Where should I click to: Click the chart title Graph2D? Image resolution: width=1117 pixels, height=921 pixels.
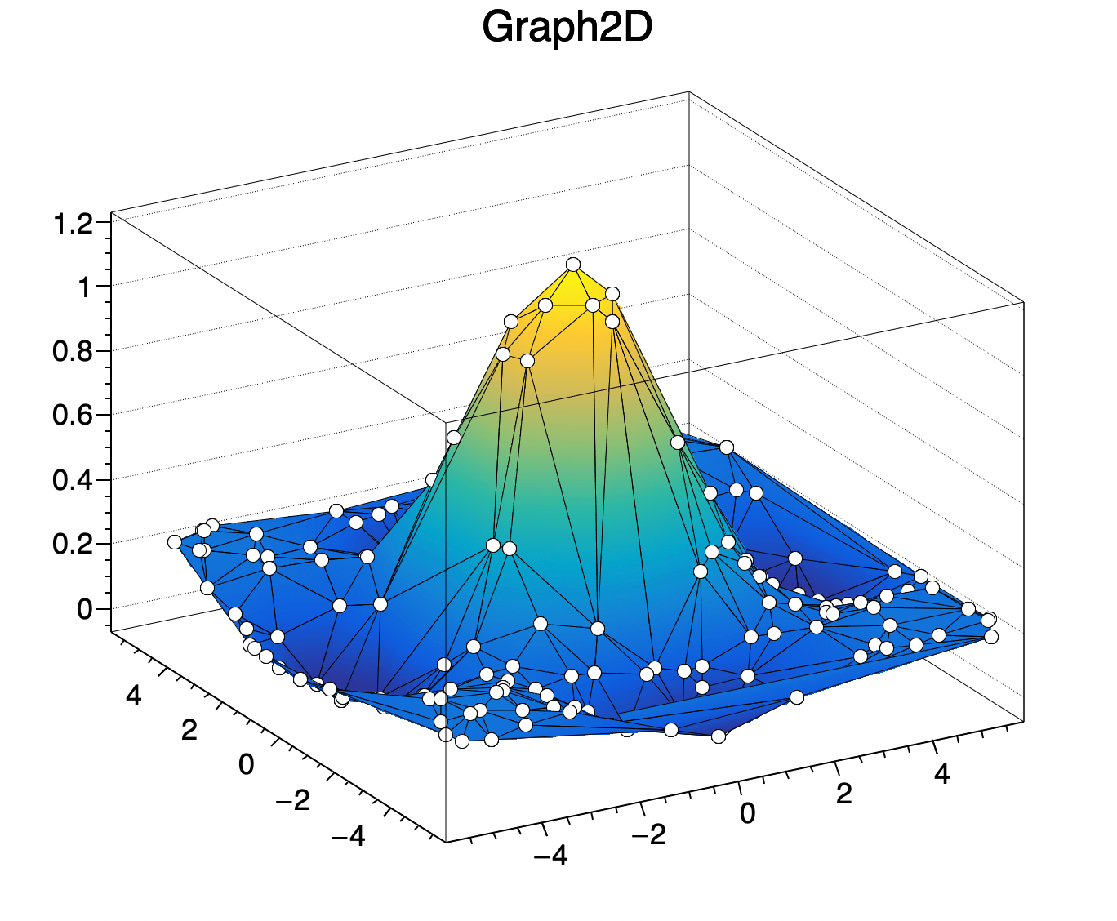pos(567,29)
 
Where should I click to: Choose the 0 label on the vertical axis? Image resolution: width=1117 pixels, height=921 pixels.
pos(85,609)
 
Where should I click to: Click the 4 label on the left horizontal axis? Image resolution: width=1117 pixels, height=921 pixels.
pos(133,696)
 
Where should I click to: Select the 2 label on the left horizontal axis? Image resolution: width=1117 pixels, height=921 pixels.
pos(189,730)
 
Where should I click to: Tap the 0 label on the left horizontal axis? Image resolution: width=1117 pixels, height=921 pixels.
pos(246,765)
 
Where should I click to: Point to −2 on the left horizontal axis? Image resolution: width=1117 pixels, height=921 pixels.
pos(292,801)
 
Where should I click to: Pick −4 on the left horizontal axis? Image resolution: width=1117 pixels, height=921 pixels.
pos(348,836)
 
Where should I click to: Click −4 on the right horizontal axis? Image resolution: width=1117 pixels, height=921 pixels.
pos(550,856)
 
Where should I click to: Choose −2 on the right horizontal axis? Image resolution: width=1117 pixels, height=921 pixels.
pos(648,834)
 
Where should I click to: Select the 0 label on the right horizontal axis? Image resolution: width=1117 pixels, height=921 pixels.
pos(747,814)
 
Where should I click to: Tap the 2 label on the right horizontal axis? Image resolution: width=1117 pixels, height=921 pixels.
pos(844,793)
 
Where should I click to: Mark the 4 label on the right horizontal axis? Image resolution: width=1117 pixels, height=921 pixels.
pos(941,773)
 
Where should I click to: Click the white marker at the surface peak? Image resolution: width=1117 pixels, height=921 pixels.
pos(573,264)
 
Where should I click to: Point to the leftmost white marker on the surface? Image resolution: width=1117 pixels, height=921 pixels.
pos(174,542)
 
